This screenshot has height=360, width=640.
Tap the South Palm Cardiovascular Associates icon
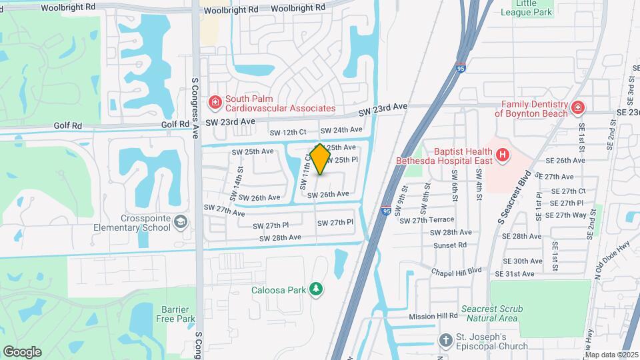pos(215,102)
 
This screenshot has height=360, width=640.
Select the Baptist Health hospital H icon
pos(503,156)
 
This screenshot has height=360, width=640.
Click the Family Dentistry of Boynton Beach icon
pos(577,107)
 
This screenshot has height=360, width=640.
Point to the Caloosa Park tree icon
pos(317,289)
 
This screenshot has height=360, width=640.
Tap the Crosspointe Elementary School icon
pos(179,221)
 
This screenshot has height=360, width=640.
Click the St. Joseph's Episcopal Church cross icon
pos(446,341)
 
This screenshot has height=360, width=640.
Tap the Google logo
pos(22,351)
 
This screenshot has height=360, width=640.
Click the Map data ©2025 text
pos(611,355)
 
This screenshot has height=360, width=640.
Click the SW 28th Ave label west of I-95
pos(281,237)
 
